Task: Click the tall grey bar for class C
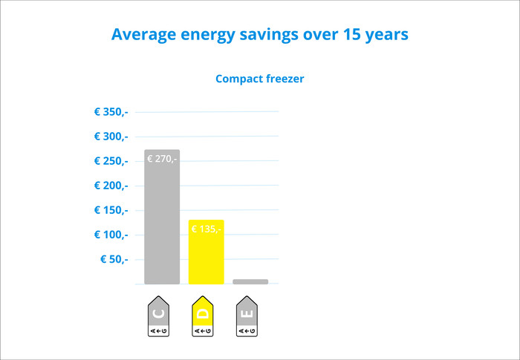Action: click(x=162, y=223)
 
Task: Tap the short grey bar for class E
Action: click(x=250, y=281)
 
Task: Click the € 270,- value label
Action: click(x=162, y=159)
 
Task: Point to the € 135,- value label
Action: click(x=205, y=229)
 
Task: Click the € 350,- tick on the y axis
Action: click(x=111, y=112)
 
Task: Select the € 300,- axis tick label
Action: click(x=111, y=137)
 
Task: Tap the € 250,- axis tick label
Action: click(x=111, y=161)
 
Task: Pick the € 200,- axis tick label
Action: click(x=111, y=186)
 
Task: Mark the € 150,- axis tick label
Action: click(x=111, y=210)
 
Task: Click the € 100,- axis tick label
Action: click(x=111, y=235)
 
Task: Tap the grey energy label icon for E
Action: click(x=248, y=318)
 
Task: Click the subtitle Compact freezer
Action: click(x=259, y=79)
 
